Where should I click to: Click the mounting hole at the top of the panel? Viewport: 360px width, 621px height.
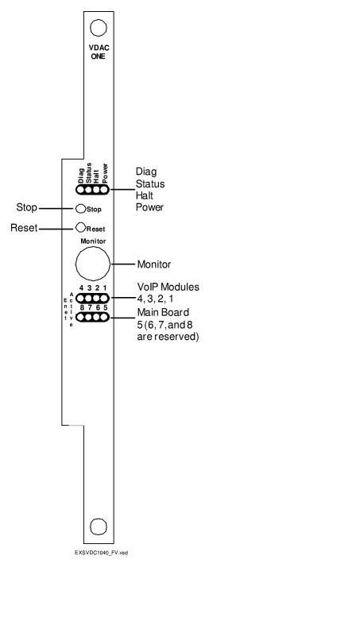[99, 29]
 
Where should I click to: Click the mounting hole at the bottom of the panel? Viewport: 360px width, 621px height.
[99, 526]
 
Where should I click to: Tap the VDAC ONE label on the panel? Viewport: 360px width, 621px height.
[99, 52]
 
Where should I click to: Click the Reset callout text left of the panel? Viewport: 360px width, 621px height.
[24, 228]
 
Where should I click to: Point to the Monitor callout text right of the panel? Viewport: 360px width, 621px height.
[154, 264]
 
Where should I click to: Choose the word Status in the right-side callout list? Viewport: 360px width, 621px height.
[149, 184]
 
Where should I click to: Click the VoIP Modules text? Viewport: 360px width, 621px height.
[168, 287]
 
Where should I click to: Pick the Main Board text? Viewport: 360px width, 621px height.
[162, 312]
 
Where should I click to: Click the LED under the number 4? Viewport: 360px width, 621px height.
[81, 299]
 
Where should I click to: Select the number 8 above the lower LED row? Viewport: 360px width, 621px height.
[81, 308]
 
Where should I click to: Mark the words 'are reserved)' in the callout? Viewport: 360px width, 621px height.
[167, 337]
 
